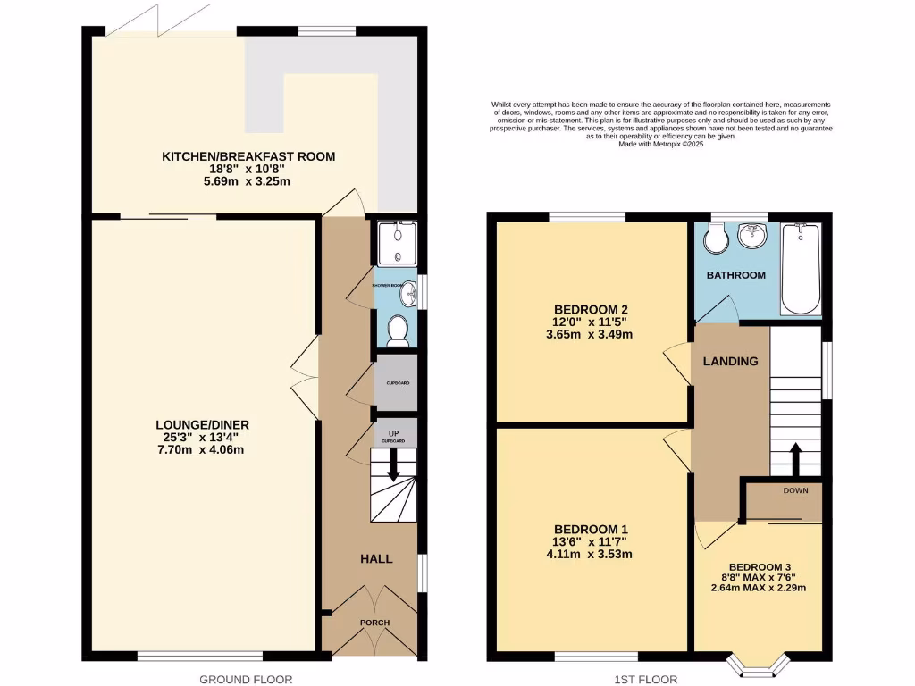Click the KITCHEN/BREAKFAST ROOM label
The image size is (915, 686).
pyautogui.click(x=248, y=156)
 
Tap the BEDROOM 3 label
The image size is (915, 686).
pyautogui.click(x=760, y=566)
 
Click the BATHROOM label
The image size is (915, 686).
pyautogui.click(x=736, y=275)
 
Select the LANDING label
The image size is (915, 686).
pyautogui.click(x=730, y=361)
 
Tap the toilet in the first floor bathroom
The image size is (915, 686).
pyautogui.click(x=716, y=238)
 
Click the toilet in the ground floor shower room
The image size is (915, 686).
pyautogui.click(x=399, y=330)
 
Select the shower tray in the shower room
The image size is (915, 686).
pyautogui.click(x=393, y=244)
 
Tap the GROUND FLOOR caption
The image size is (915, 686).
pyautogui.click(x=246, y=679)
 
